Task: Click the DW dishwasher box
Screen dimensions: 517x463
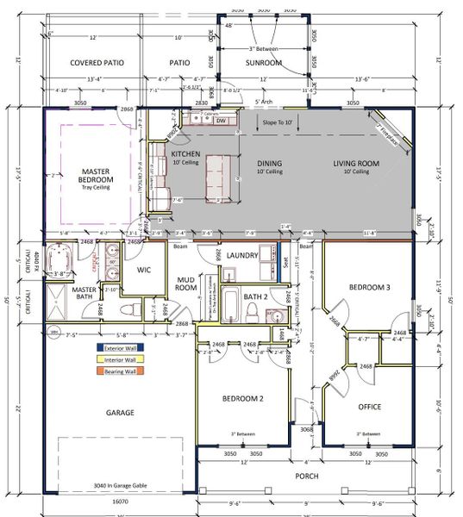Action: [222, 121]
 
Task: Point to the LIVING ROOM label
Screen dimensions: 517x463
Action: [357, 163]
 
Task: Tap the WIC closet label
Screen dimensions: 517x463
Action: [144, 269]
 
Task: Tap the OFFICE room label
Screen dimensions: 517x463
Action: [370, 406]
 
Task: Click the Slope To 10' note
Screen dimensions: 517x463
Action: [280, 123]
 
